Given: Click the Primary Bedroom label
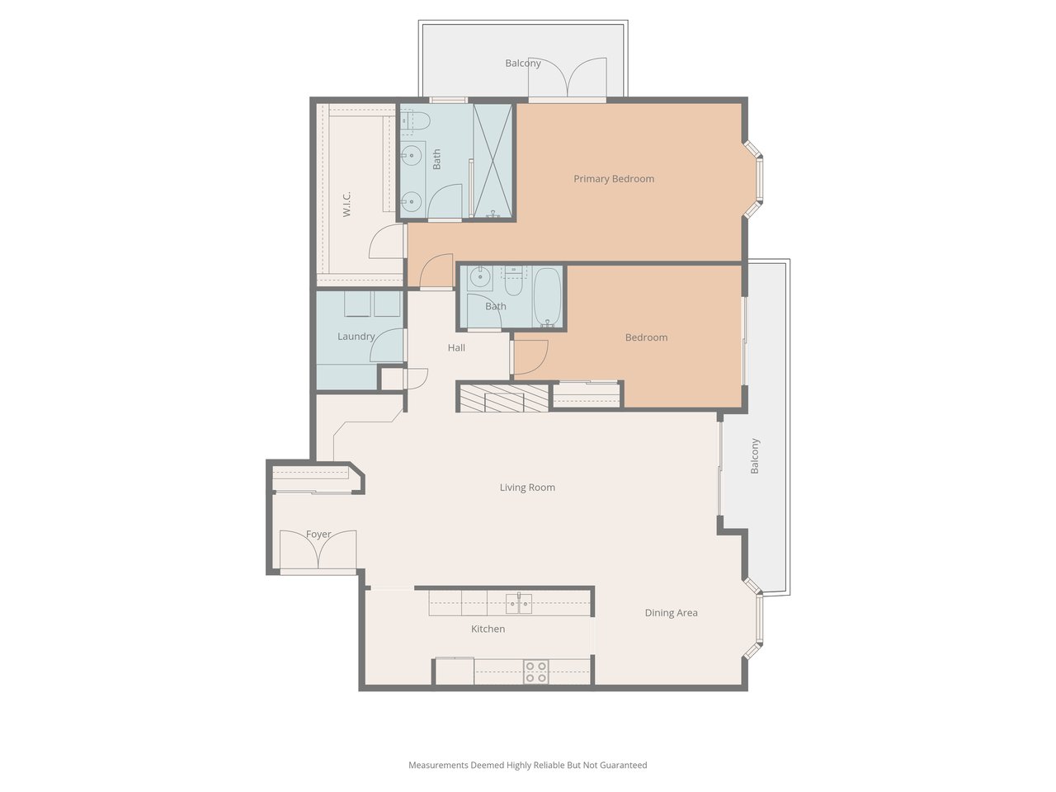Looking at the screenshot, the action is tap(614, 179).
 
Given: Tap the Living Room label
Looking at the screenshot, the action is tap(527, 488).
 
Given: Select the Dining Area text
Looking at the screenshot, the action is tap(671, 613).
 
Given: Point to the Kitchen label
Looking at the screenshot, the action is tap(488, 629).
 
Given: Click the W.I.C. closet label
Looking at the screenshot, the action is tap(346, 205).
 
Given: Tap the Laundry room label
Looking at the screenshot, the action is tap(356, 337).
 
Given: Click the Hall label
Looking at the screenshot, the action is tap(456, 347).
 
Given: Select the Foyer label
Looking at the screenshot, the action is tap(318, 535).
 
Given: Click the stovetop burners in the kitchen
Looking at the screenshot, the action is tap(536, 672).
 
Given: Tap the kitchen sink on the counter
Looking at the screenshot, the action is tap(519, 604).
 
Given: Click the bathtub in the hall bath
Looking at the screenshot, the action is tap(548, 297).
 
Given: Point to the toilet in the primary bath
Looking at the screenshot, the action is tap(415, 120).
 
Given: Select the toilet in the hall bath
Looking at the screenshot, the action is tap(513, 283).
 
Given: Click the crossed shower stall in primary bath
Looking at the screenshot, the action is tap(493, 161).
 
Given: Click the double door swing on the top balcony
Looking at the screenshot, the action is tap(568, 77).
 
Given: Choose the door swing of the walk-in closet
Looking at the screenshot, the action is tap(386, 242).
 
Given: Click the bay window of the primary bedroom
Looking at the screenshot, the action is tap(753, 179).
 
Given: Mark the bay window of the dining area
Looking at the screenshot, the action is tap(753, 619).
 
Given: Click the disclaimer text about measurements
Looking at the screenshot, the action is tap(528, 765).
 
